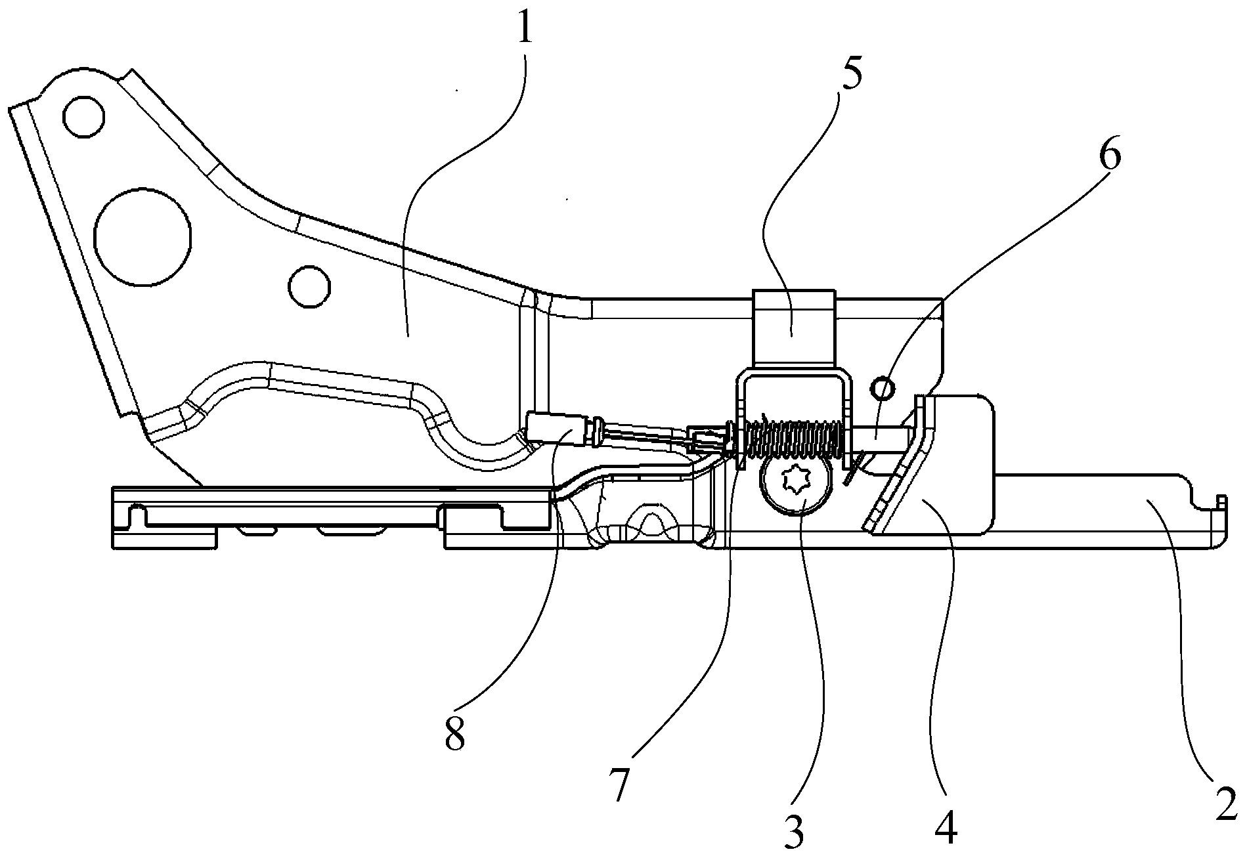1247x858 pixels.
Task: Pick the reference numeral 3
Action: click(795, 832)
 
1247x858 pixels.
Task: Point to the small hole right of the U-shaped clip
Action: click(883, 390)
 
